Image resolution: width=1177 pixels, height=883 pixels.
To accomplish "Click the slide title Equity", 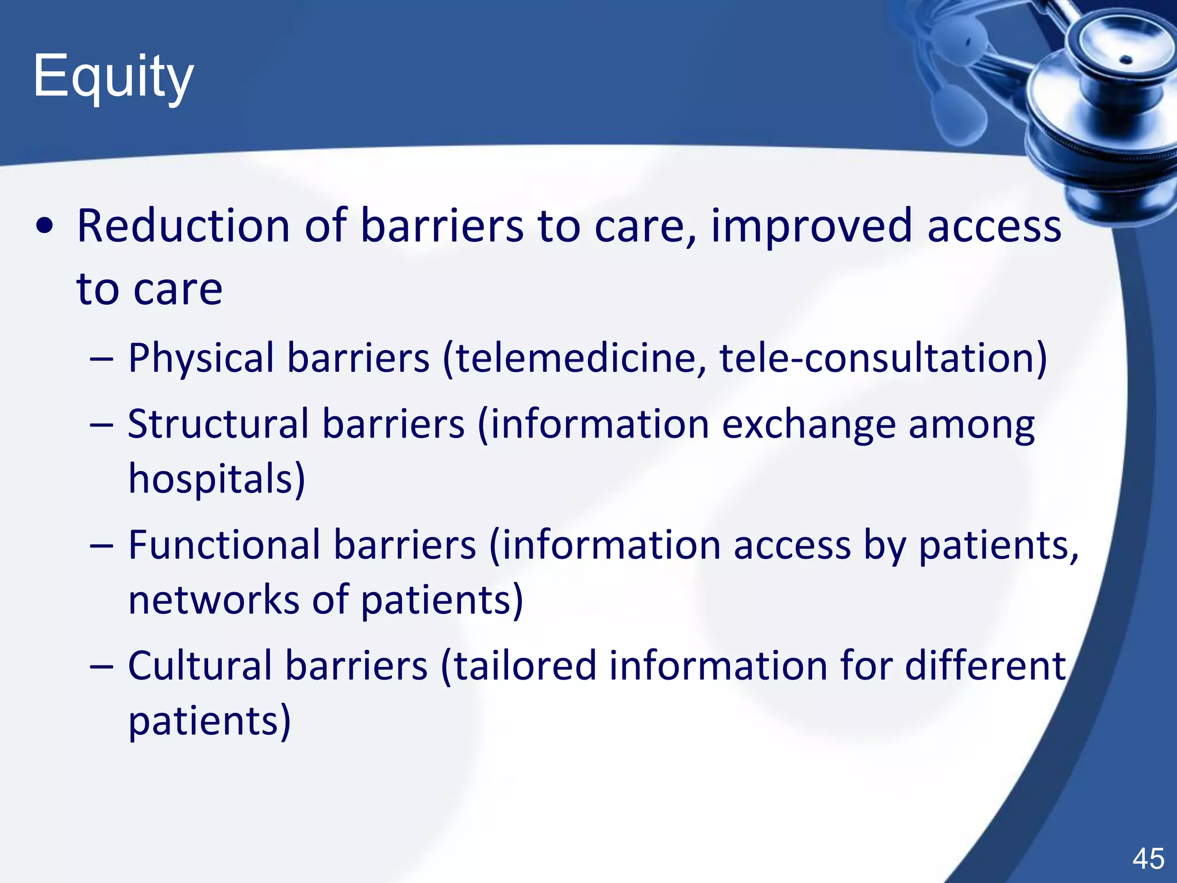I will tap(113, 77).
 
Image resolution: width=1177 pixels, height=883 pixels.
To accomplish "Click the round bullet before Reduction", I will tap(44, 226).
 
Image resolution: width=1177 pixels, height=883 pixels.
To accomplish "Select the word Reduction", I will tap(183, 225).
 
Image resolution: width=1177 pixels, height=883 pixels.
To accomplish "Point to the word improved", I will tap(811, 226).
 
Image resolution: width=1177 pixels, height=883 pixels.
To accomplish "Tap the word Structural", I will tap(218, 424).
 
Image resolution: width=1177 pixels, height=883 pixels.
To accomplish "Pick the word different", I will tap(985, 666).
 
